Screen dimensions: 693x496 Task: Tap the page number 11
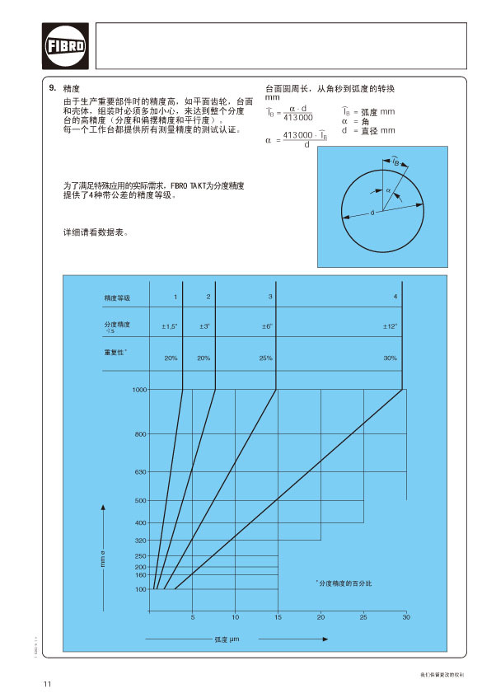(48, 683)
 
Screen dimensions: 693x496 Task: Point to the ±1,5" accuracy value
(169, 327)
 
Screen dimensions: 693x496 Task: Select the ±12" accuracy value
(391, 327)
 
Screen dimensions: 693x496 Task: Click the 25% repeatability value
(266, 358)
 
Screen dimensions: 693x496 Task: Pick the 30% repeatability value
(391, 358)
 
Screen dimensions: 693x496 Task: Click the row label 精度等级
(117, 297)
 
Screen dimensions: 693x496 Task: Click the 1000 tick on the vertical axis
(139, 389)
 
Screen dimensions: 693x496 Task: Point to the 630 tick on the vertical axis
(141, 471)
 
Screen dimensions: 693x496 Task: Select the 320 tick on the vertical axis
(141, 541)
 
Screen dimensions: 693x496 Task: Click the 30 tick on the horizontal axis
(405, 617)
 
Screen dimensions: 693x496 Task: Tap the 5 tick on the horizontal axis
(192, 617)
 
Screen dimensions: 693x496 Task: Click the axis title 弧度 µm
(226, 639)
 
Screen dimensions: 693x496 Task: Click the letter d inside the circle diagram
(372, 213)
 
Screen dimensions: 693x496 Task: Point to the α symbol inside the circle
(388, 190)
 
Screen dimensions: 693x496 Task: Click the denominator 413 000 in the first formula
(296, 118)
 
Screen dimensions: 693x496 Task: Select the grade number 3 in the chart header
(270, 296)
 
